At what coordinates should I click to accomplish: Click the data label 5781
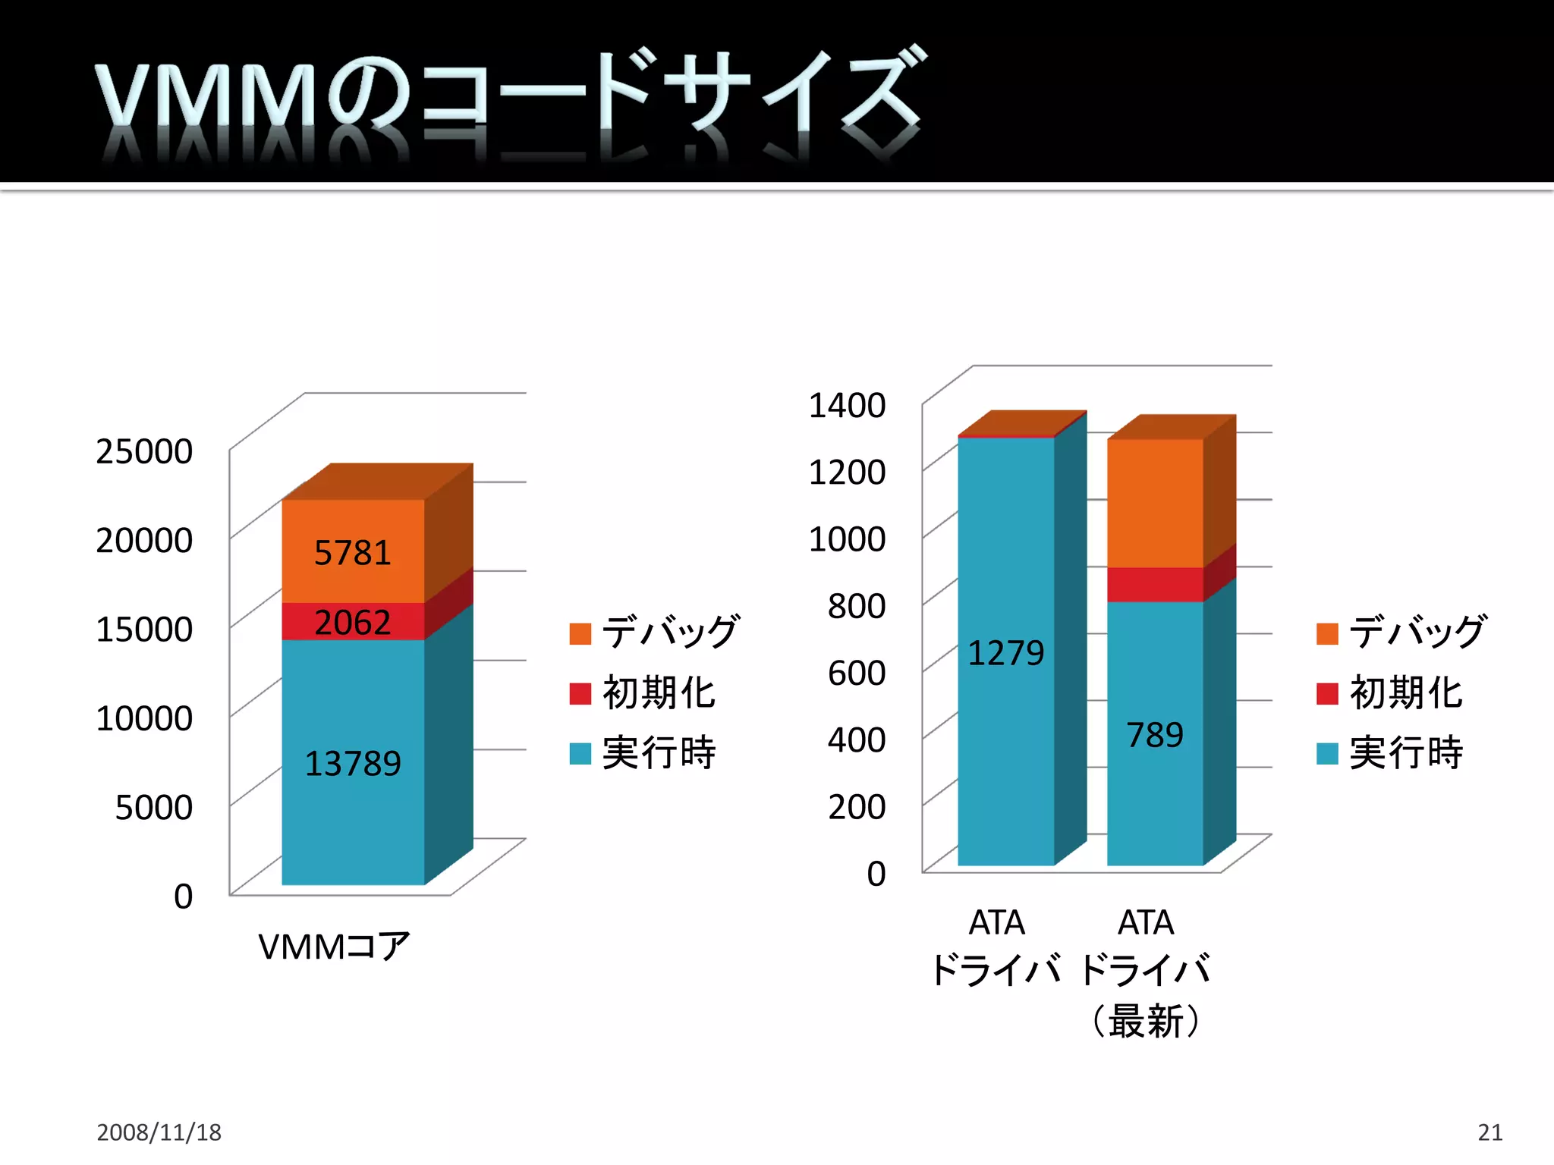[x=352, y=553]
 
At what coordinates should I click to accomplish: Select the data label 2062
[x=352, y=623]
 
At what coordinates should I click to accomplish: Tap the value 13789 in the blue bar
[x=352, y=764]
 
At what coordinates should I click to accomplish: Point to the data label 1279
[x=1005, y=653]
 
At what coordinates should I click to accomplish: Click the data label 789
[x=1154, y=735]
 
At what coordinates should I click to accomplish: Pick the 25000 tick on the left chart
[x=144, y=451]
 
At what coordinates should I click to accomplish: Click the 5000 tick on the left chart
[x=153, y=808]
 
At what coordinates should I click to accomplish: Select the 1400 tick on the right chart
[x=847, y=405]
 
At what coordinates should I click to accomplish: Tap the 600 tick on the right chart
[x=856, y=673]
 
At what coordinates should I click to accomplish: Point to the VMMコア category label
[x=334, y=947]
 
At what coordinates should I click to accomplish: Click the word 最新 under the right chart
[x=1146, y=1021]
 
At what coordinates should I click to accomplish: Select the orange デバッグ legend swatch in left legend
[x=580, y=633]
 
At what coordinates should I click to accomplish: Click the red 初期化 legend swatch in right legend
[x=1327, y=693]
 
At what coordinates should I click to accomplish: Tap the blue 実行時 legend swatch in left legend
[x=580, y=753]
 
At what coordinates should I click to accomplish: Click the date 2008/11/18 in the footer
[x=159, y=1132]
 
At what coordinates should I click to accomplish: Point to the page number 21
[x=1490, y=1132]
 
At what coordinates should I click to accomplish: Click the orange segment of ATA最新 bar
[x=1155, y=503]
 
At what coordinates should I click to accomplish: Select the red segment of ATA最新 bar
[x=1155, y=584]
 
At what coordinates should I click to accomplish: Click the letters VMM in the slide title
[x=205, y=95]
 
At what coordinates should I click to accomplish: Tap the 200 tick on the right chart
[x=856, y=807]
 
